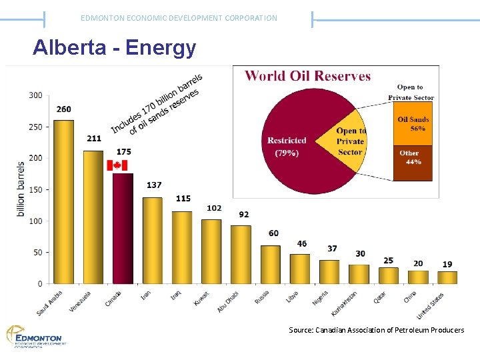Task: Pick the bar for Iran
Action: coord(152,241)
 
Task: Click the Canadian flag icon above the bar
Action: coord(117,165)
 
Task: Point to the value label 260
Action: coord(64,109)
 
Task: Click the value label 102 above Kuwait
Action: coord(214,208)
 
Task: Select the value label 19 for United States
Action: coord(447,265)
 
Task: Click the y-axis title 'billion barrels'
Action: coord(21,189)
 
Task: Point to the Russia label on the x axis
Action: coord(261,297)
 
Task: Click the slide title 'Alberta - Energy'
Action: coord(115,48)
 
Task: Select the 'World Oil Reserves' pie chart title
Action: coord(307,75)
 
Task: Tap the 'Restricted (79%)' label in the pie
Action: coord(287,147)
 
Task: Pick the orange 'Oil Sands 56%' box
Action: coord(413,124)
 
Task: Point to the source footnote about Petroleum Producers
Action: coord(376,330)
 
